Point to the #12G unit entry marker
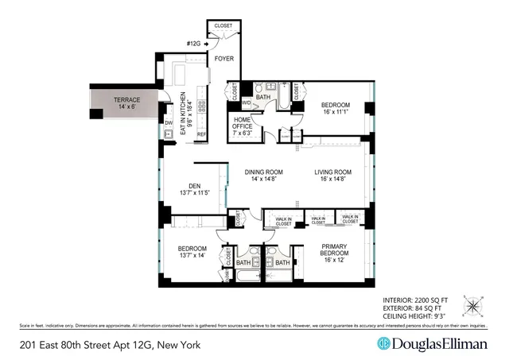point(194,43)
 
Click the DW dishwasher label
point(169,123)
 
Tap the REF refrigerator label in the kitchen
point(201,134)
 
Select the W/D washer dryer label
point(247,103)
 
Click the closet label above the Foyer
point(223,26)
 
